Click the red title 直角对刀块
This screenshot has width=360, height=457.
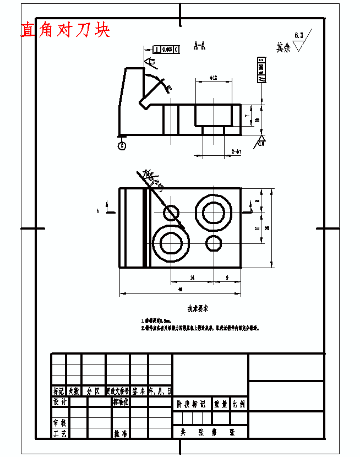65,30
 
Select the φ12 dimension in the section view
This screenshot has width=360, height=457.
214,78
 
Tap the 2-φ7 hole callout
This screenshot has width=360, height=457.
237,151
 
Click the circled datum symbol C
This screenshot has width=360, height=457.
122,145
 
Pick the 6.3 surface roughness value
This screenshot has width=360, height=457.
299,35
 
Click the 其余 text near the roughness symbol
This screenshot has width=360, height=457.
283,48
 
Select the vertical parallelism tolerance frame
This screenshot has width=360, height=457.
261,69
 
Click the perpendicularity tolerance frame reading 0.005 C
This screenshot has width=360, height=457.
166,50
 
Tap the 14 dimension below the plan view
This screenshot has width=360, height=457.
192,278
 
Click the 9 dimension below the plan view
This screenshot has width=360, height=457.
227,278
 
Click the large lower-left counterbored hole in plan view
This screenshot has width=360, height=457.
172,243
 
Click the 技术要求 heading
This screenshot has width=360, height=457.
197,309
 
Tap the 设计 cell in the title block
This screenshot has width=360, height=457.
59,402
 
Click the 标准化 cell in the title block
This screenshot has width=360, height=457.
120,402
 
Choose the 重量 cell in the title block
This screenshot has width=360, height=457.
221,404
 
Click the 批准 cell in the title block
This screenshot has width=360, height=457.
120,433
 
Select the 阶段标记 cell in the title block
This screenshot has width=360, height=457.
192,404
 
